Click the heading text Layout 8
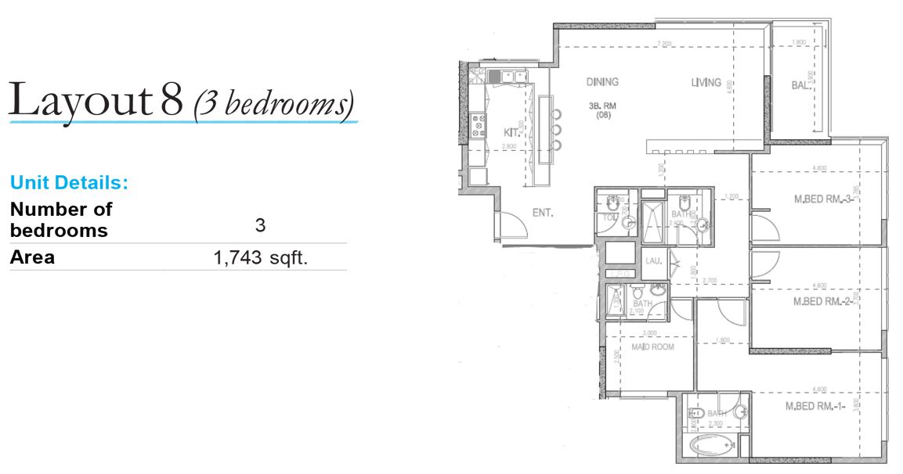click(96, 99)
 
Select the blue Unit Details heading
click(69, 183)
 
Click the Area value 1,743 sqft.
click(261, 257)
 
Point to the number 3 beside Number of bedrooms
click(260, 225)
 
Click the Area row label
click(32, 257)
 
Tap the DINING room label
click(602, 81)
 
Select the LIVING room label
click(706, 82)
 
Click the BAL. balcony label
click(800, 85)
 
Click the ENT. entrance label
click(543, 211)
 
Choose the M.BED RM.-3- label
click(822, 199)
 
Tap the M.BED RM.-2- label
click(822, 301)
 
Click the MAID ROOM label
click(652, 347)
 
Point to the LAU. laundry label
click(653, 262)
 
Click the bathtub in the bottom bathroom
click(712, 446)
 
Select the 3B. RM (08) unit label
click(601, 110)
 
